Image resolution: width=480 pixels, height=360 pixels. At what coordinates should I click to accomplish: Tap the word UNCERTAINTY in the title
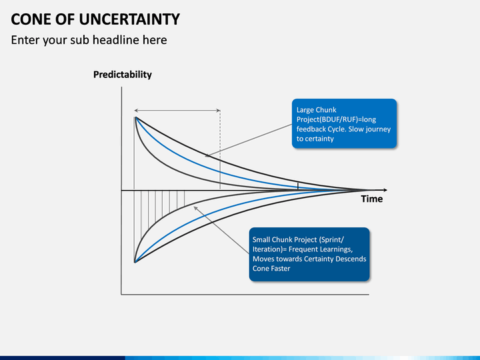pos(129,19)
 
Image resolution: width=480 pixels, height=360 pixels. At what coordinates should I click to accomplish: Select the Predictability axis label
pos(123,75)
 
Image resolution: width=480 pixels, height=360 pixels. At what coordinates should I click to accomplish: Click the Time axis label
pos(371,199)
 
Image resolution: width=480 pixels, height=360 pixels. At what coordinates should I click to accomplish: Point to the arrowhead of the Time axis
pos(385,190)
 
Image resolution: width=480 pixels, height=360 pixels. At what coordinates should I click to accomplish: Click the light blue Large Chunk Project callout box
pos(344,123)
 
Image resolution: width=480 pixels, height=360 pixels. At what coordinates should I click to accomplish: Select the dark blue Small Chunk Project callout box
pos(309,254)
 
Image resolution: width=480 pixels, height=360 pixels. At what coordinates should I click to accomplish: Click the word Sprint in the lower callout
pos(333,239)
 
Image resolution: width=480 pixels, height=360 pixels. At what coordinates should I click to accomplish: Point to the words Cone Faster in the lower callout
pos(271,269)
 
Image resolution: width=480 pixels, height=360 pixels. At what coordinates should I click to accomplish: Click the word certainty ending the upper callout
pos(319,139)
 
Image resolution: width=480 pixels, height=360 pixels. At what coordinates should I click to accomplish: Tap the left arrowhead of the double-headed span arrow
pos(136,111)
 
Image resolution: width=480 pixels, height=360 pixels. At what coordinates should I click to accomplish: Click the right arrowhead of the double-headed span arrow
pos(218,111)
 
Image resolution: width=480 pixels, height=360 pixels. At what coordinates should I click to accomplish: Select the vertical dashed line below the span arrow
pos(220,150)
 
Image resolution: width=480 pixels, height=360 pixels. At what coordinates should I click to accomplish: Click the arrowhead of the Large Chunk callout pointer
pos(207,156)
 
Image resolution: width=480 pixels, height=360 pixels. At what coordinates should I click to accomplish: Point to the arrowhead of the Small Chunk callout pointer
pos(195,208)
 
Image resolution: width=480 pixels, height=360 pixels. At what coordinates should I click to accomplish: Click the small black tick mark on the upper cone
pos(298,186)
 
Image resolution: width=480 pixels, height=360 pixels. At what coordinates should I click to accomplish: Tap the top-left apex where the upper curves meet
pos(135,117)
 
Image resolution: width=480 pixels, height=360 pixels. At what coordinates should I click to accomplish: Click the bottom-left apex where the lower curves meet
pos(135,263)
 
